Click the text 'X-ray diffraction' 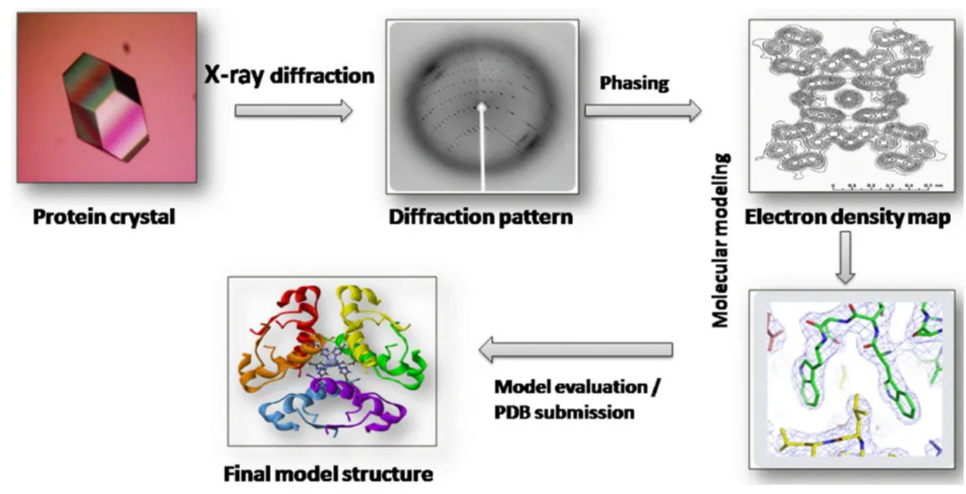(288, 76)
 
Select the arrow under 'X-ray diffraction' (294, 111)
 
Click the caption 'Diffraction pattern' (480, 218)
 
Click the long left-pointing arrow (576, 350)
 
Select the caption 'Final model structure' (329, 474)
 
